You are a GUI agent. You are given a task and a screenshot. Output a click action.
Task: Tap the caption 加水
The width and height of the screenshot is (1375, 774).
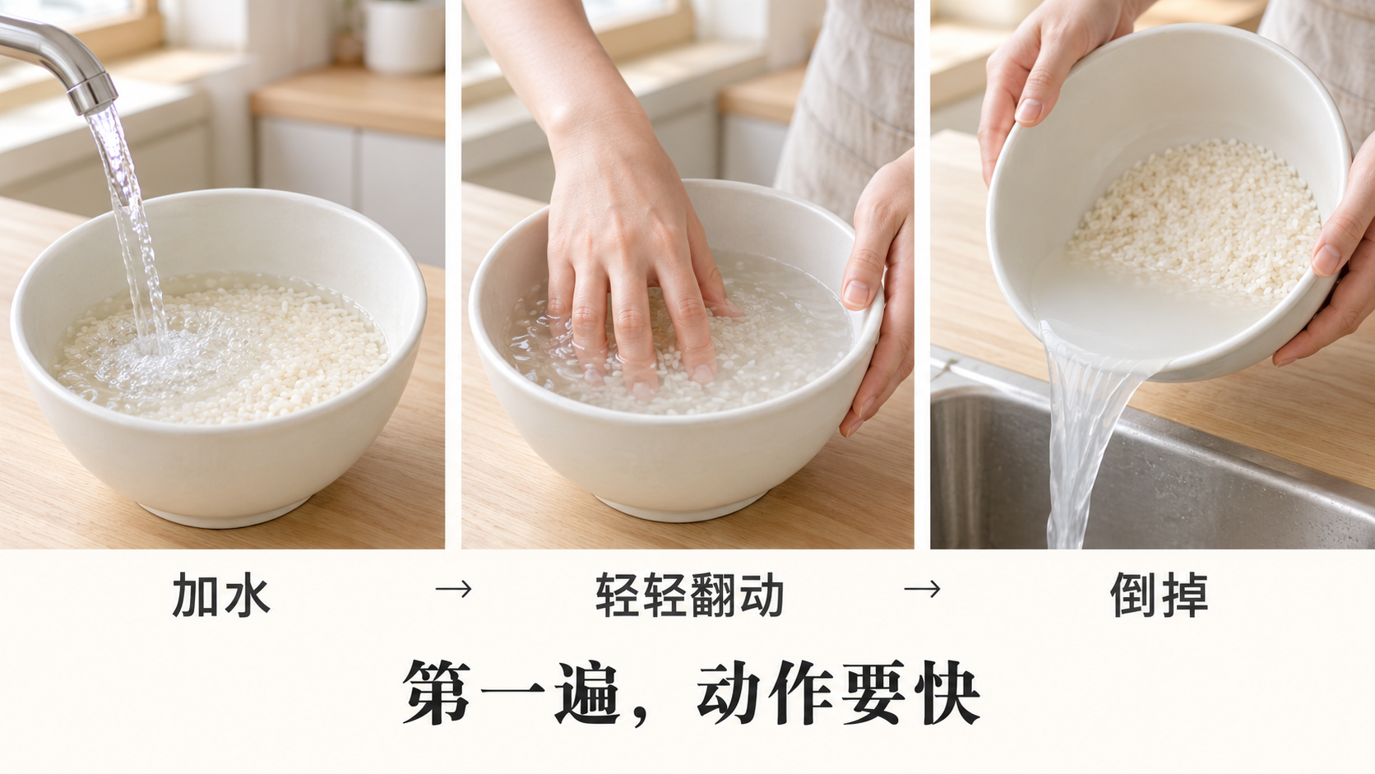pos(221,594)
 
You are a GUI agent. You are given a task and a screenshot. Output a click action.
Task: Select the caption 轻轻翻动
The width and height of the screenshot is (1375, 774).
pos(688,594)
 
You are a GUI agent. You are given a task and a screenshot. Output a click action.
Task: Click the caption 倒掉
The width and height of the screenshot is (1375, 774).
pos(1159,594)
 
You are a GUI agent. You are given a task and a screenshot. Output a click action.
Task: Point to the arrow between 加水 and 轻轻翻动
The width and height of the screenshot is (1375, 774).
pos(453,589)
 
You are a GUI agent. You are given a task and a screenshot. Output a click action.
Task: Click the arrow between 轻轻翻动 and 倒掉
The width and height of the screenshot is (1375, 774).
pos(922,589)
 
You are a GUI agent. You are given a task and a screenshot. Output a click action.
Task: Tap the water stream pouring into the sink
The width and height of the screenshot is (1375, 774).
pos(1081,436)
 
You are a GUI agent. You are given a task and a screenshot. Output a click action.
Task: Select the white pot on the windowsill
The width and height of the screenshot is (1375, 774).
pos(404,37)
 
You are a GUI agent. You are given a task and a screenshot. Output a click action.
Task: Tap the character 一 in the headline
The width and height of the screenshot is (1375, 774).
pos(512,693)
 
